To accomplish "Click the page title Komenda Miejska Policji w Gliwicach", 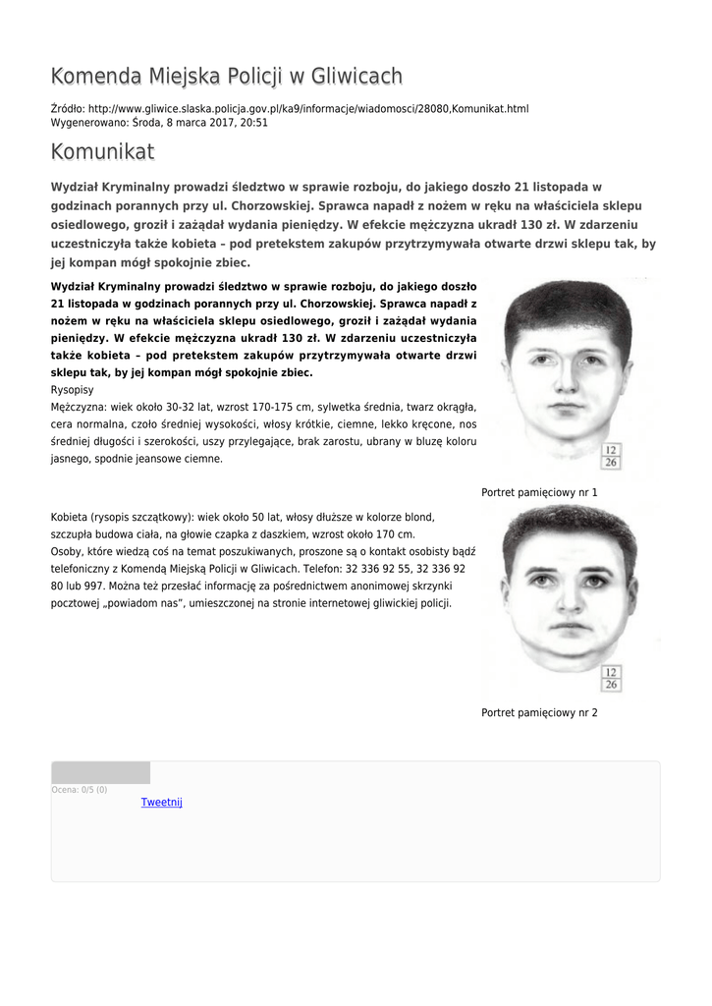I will pyautogui.click(x=227, y=77).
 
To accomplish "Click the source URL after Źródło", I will pyautogui.click(x=307, y=108).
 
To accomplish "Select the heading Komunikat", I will pyautogui.click(x=102, y=152).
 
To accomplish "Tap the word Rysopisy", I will pyautogui.click(x=74, y=389).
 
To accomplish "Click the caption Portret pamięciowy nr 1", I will pyautogui.click(x=539, y=492).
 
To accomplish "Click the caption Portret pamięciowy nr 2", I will pyautogui.click(x=539, y=712).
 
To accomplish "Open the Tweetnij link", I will pyautogui.click(x=162, y=803).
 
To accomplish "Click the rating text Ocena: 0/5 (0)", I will pyautogui.click(x=80, y=790).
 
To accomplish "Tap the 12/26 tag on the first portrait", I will pyautogui.click(x=611, y=456).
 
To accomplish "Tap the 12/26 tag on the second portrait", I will pyautogui.click(x=611, y=678).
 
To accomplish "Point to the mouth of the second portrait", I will pyautogui.click(x=568, y=626).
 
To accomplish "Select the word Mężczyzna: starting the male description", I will pyautogui.click(x=79, y=406).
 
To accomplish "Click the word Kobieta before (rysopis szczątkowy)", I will pyautogui.click(x=70, y=517).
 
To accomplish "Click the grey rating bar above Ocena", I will pyautogui.click(x=101, y=773).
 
